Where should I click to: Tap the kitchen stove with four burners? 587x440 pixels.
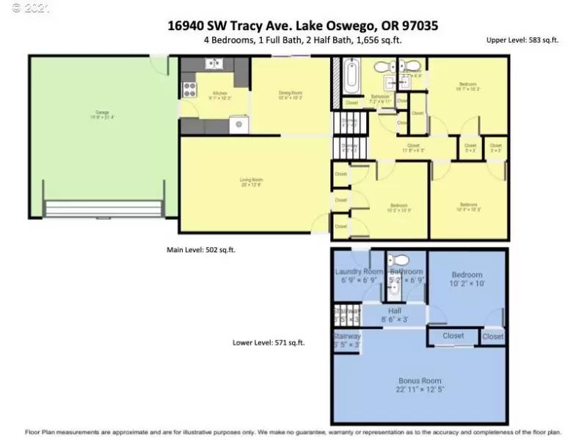pos(189,90)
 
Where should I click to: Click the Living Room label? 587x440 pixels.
pos(251,181)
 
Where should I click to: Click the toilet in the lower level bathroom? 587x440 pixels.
pos(401,260)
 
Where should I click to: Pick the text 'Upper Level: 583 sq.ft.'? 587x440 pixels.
pos(522,40)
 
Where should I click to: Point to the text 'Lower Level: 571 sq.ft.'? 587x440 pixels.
pos(269,342)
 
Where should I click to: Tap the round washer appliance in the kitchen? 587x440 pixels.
pos(238,125)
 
